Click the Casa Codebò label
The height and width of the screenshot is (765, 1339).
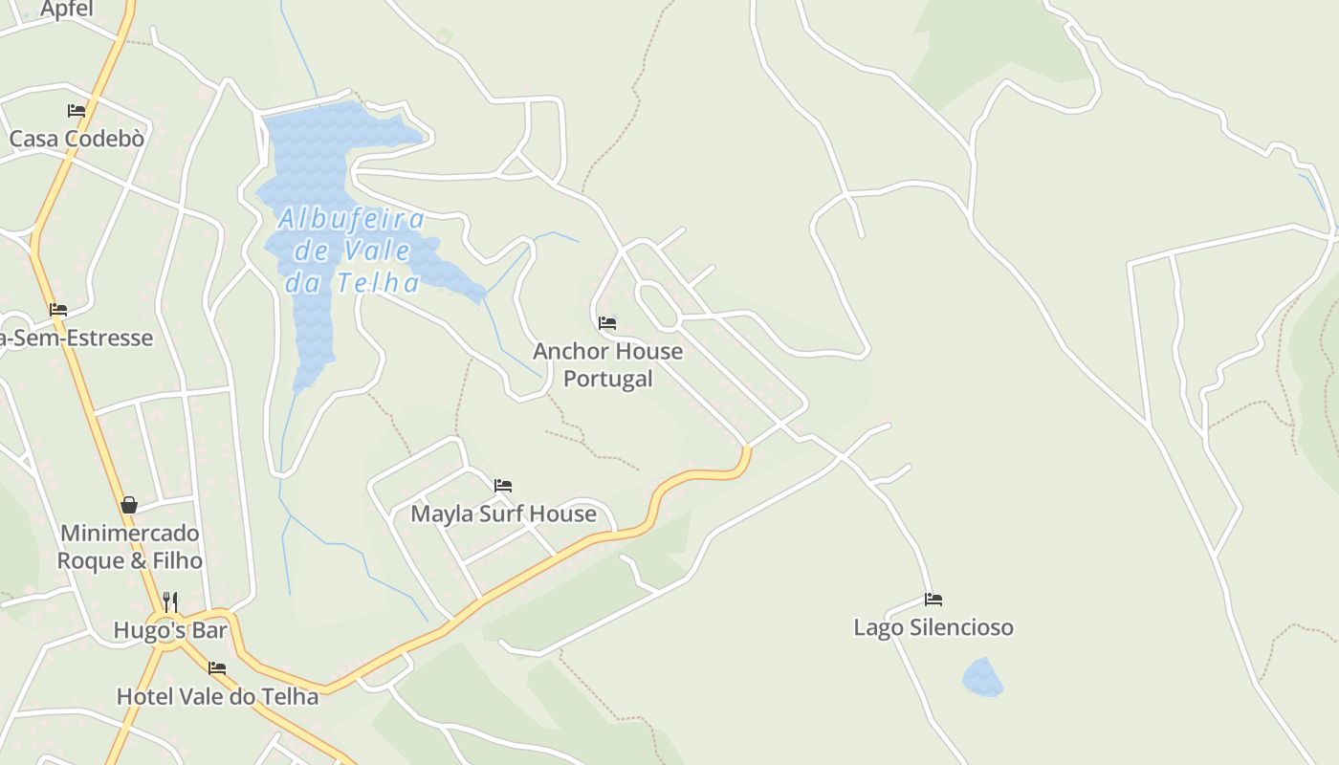click(77, 139)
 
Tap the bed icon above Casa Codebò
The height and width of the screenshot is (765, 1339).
click(77, 111)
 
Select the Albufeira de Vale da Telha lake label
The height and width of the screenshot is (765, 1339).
click(352, 251)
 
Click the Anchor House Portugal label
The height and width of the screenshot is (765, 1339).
click(607, 364)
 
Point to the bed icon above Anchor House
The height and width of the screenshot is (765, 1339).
click(607, 323)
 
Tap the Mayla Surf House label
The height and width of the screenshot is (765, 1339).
click(503, 514)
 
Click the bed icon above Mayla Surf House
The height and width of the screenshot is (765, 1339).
click(503, 486)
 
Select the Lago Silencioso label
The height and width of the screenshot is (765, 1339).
click(933, 627)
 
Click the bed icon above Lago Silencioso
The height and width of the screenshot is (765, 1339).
click(933, 600)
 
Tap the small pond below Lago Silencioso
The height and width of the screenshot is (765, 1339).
click(982, 677)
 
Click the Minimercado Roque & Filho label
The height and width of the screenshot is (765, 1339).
click(129, 546)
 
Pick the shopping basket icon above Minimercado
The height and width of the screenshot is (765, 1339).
click(129, 504)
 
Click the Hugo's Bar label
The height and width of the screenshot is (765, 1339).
click(170, 630)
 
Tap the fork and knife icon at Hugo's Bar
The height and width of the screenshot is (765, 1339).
click(170, 601)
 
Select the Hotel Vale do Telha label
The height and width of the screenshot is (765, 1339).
click(217, 696)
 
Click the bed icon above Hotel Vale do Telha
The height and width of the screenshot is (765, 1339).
click(217, 668)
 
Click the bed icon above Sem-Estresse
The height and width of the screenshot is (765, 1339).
click(58, 310)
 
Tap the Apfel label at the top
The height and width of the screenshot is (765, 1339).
click(67, 10)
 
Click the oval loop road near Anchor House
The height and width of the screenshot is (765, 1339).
click(657, 305)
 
